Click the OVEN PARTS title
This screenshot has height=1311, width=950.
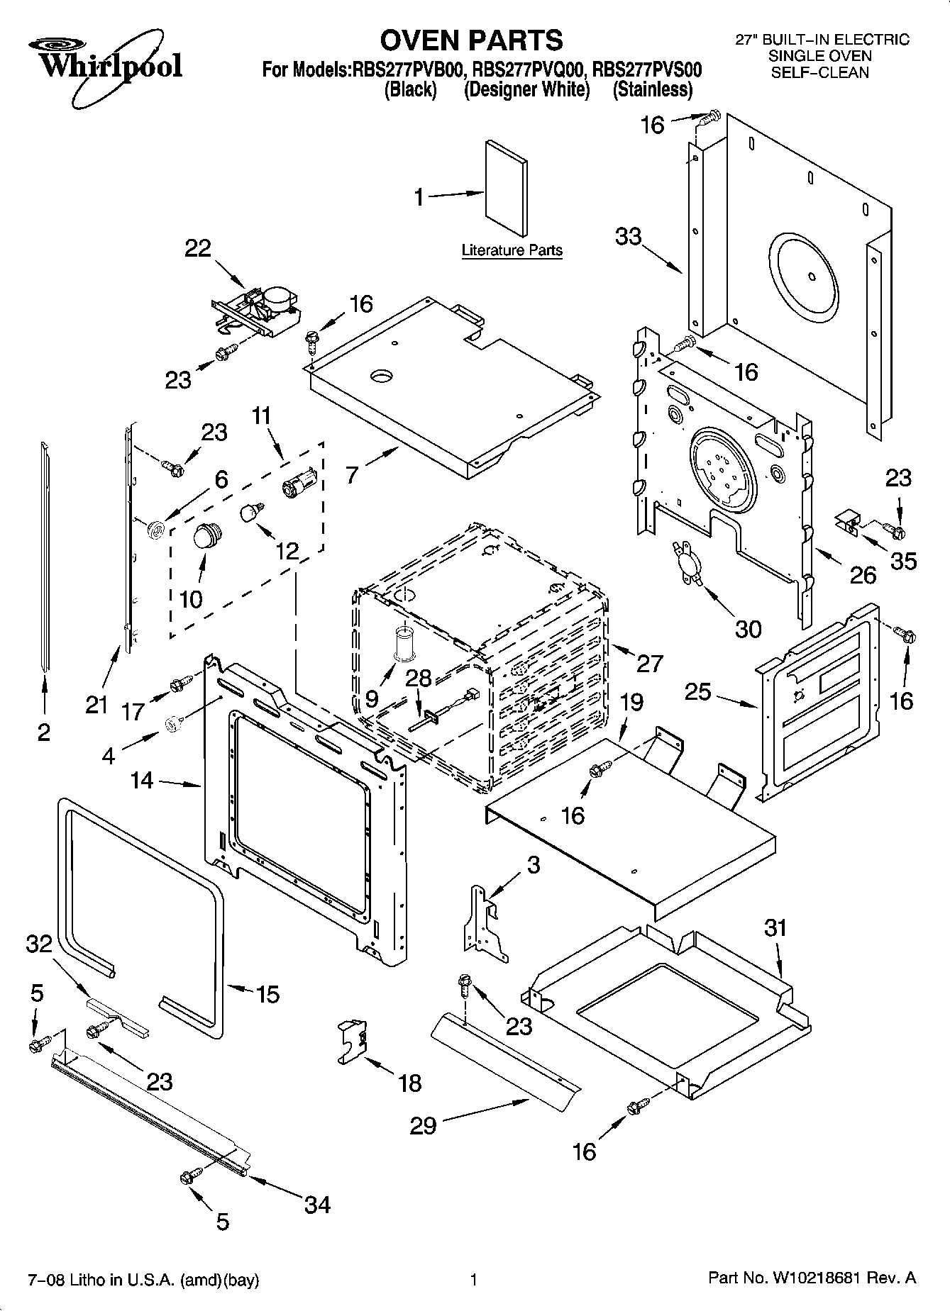pos(472,40)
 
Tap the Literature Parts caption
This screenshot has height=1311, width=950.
pos(512,250)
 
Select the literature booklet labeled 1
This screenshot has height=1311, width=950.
pos(507,188)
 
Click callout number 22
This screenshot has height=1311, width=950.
pos(199,249)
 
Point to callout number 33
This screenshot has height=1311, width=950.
pos(629,236)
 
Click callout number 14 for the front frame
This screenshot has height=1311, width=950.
pos(142,781)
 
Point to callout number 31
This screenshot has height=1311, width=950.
pos(775,927)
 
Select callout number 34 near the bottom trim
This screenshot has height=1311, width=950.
pos(317,1204)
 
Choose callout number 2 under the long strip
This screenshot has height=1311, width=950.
pos(44,732)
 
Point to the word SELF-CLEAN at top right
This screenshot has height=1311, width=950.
pos(819,72)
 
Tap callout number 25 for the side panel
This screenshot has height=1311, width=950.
pos(697,691)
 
